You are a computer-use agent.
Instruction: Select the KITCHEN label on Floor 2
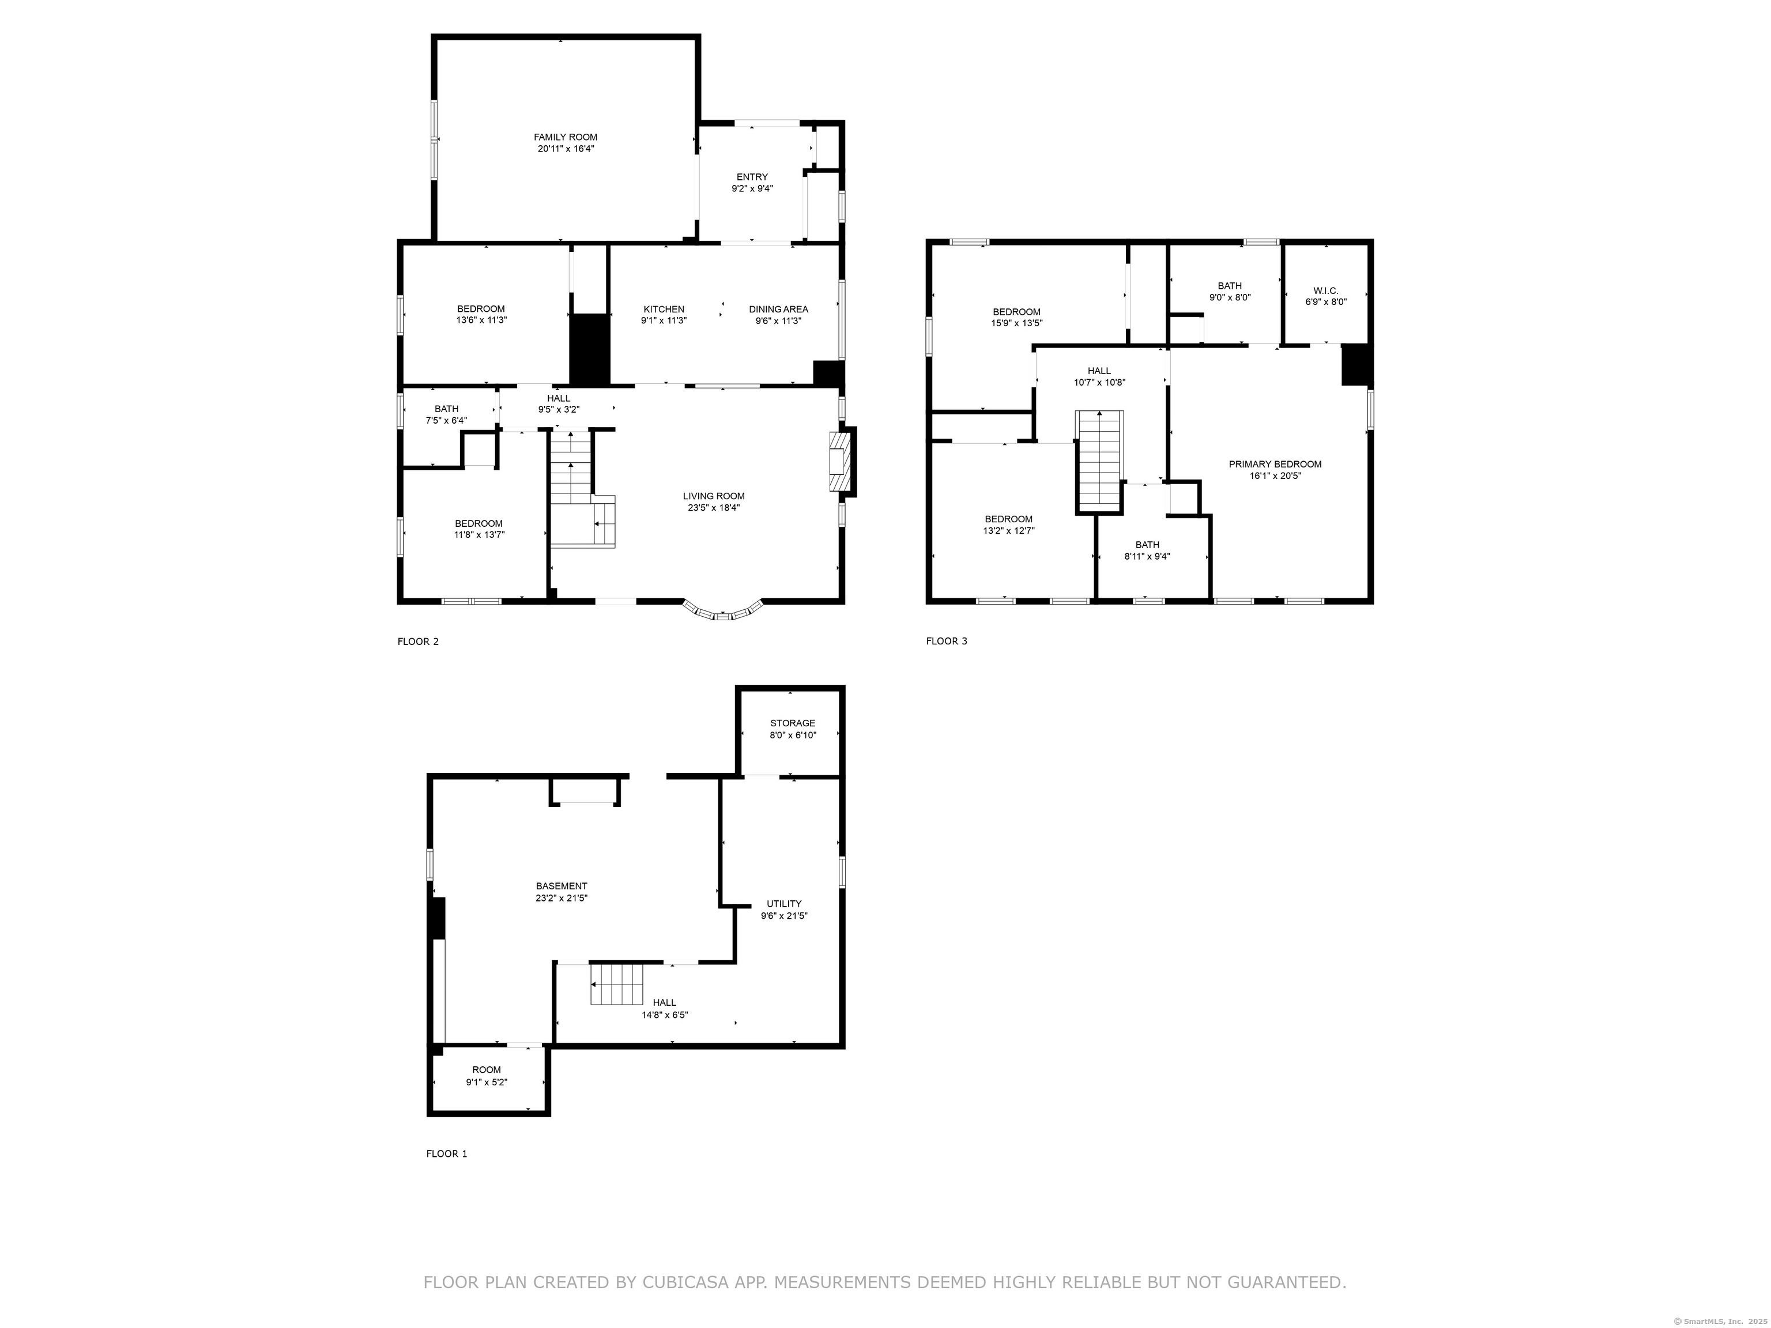click(664, 310)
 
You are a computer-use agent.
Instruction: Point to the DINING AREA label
click(778, 310)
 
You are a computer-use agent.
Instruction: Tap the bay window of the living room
click(723, 611)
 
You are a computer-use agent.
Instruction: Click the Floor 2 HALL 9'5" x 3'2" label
click(559, 404)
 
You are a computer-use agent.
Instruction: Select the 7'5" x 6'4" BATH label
click(447, 414)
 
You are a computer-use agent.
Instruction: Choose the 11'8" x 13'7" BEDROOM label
click(478, 529)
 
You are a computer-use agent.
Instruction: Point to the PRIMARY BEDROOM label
click(1275, 464)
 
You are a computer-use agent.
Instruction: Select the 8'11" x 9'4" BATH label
click(1147, 550)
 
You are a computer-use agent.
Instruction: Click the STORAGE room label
click(793, 723)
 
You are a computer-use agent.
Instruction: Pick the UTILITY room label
click(784, 904)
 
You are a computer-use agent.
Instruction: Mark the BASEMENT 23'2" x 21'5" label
click(562, 892)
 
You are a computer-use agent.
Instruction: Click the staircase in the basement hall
click(617, 983)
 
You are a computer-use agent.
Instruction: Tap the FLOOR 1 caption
click(447, 1153)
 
